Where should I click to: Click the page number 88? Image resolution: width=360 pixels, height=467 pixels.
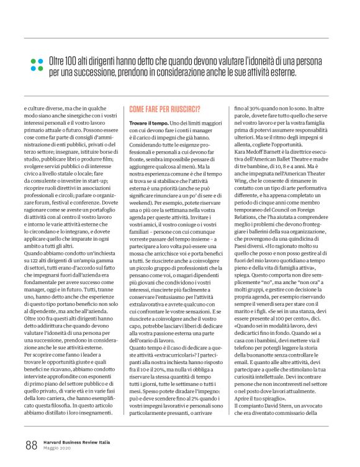click(31, 444)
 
